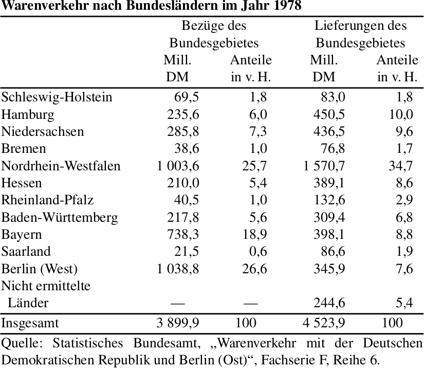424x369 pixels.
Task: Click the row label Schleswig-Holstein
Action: tap(57, 97)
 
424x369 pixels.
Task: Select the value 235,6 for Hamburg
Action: tap(183, 114)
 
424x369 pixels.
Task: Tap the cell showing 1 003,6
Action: tap(178, 166)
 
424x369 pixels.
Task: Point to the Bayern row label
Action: tap(22, 235)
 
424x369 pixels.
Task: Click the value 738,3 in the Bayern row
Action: tap(183, 234)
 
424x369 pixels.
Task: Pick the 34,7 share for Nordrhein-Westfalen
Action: tap(401, 166)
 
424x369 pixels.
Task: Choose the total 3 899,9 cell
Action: tap(178, 323)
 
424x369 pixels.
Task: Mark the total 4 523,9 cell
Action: tap(324, 323)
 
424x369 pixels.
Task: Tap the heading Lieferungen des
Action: tap(360, 26)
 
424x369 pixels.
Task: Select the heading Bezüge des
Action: tap(214, 26)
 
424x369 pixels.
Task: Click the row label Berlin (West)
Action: tap(40, 269)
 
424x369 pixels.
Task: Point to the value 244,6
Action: tap(329, 303)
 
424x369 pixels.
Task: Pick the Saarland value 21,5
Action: tap(187, 251)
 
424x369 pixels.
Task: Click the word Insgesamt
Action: tap(30, 323)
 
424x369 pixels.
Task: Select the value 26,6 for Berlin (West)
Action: tap(254, 269)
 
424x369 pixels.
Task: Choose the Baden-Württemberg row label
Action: tap(60, 217)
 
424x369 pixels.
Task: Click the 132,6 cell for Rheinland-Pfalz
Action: tap(329, 200)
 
